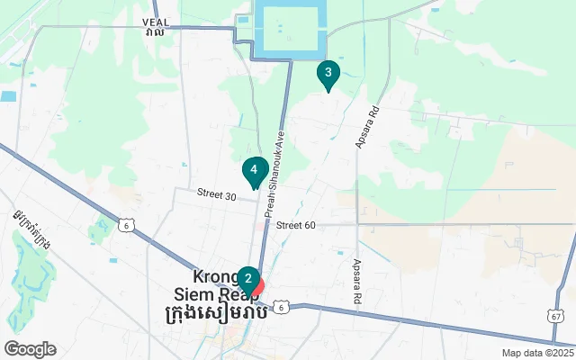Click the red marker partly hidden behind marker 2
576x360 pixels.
pyautogui.click(x=259, y=287)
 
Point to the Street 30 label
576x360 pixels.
pyautogui.click(x=217, y=194)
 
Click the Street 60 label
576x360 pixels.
pyautogui.click(x=296, y=225)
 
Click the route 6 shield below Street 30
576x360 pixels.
pyautogui.click(x=129, y=226)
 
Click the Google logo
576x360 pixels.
pyautogui.click(x=30, y=349)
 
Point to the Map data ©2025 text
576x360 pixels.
pyautogui.click(x=537, y=353)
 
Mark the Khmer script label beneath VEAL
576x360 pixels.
pyautogui.click(x=154, y=32)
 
